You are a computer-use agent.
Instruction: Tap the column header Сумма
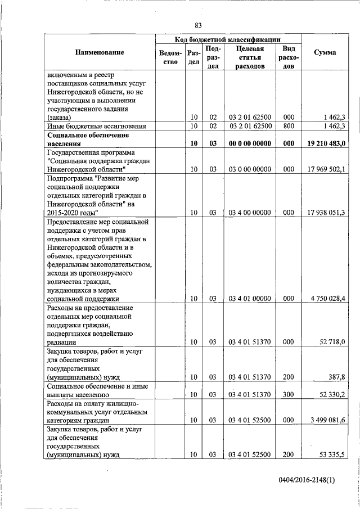pos(326,52)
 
